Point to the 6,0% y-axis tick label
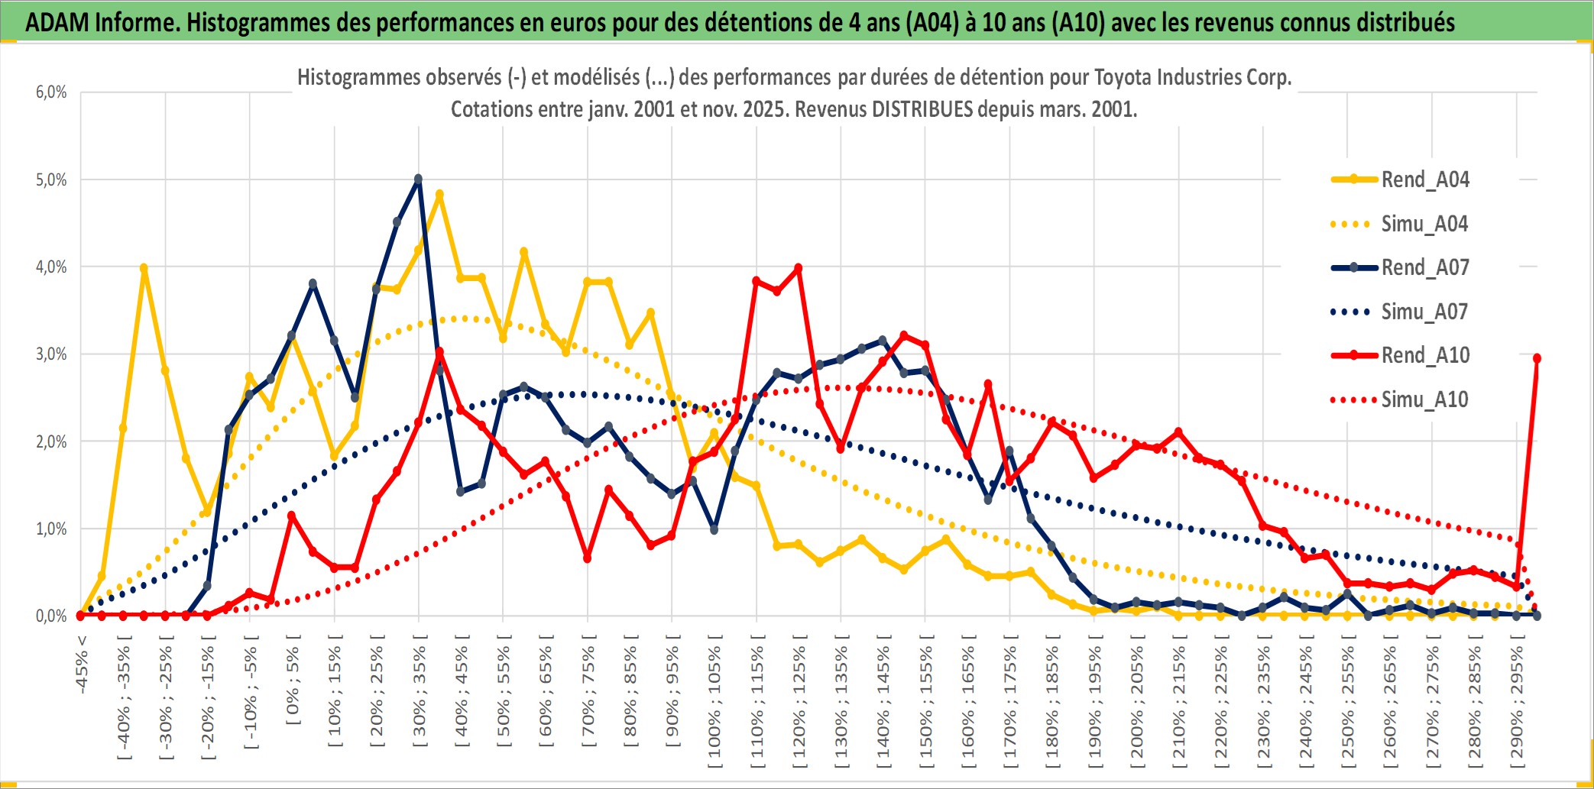tap(51, 92)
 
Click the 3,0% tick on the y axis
tap(51, 354)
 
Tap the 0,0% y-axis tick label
tap(51, 616)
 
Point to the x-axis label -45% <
tap(82, 665)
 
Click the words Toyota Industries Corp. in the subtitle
tap(1193, 77)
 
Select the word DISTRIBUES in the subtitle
tap(922, 109)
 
